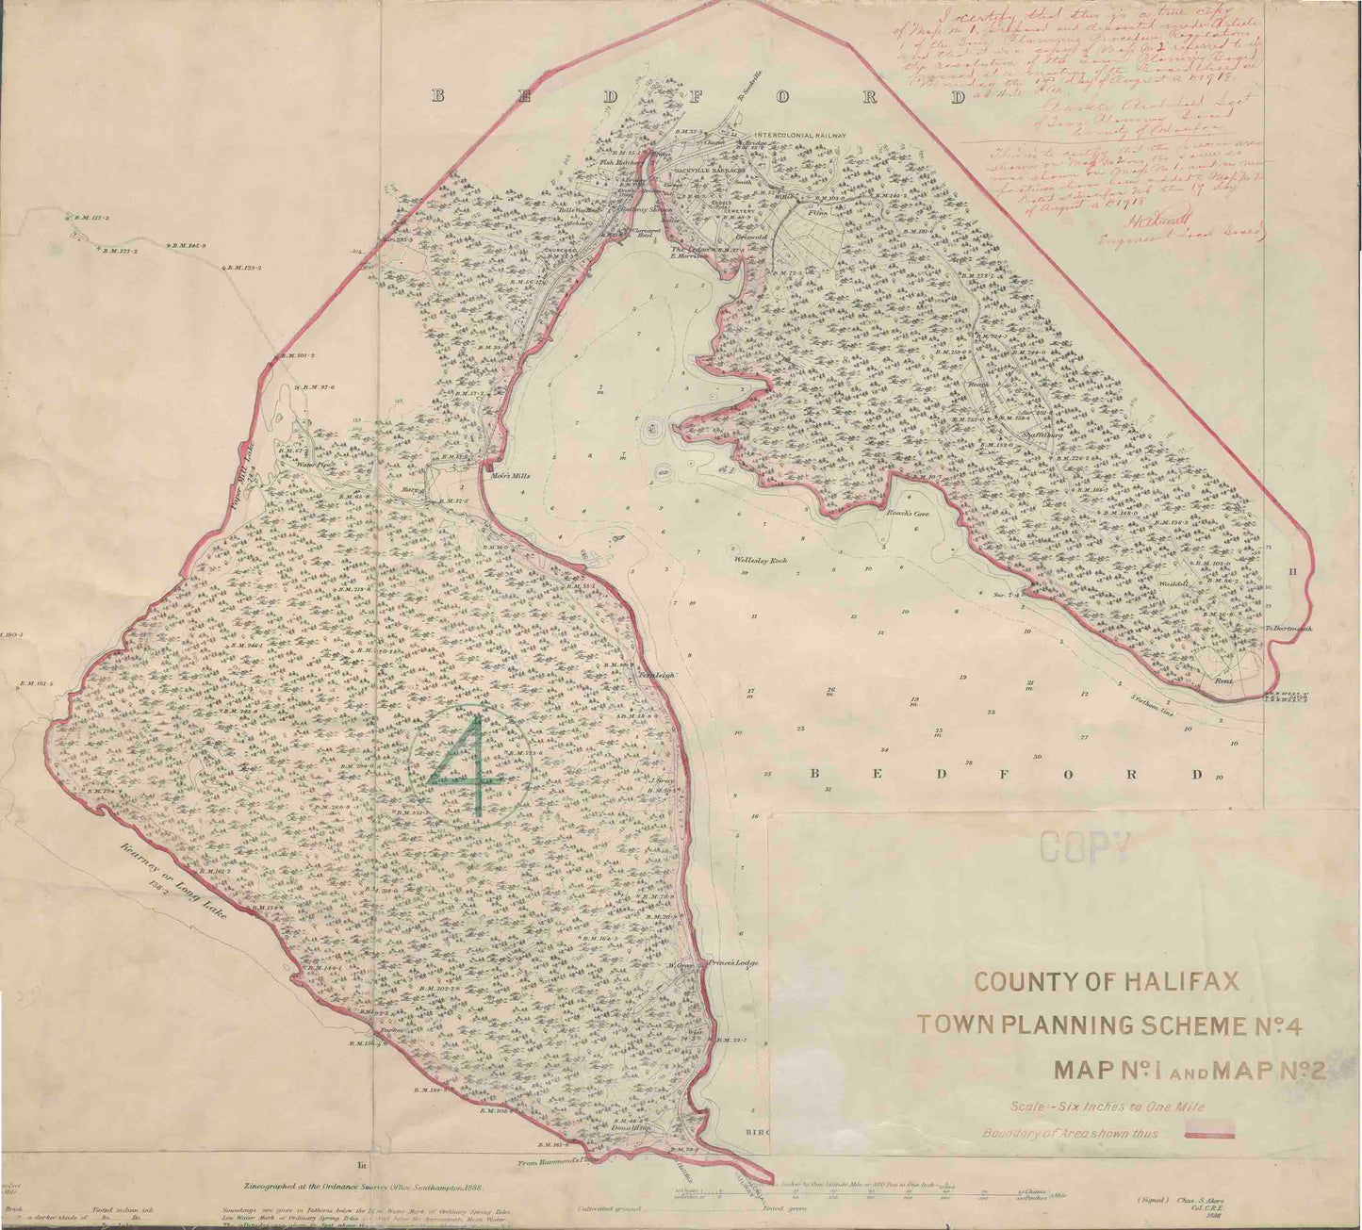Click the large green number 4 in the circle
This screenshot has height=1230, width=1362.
point(468,765)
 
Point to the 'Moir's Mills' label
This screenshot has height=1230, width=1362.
point(510,476)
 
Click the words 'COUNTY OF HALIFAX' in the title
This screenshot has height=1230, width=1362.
point(1105,982)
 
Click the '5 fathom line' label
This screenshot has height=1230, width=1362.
point(1155,699)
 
